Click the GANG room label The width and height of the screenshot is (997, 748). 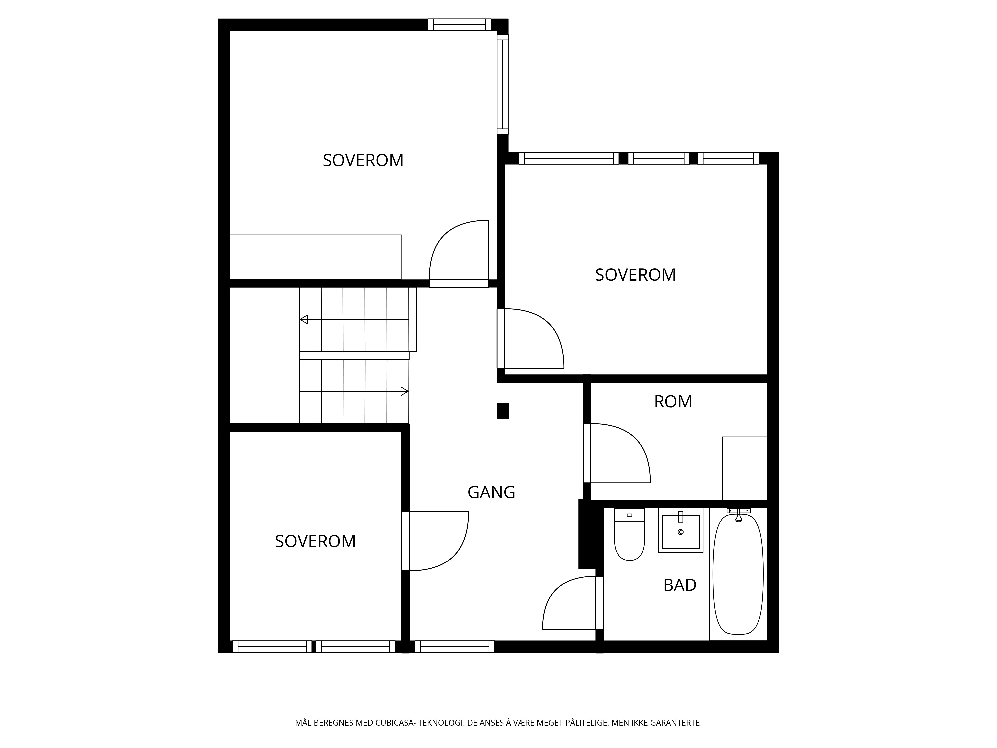pos(491,492)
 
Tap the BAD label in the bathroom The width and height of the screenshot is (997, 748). pos(680,585)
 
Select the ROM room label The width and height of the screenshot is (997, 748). pos(673,401)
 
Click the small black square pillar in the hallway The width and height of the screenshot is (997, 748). pos(503,411)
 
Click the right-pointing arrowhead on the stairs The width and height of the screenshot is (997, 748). pos(404,391)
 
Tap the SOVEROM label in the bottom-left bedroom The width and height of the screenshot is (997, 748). pos(316,541)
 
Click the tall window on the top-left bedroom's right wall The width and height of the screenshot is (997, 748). pos(502,84)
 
